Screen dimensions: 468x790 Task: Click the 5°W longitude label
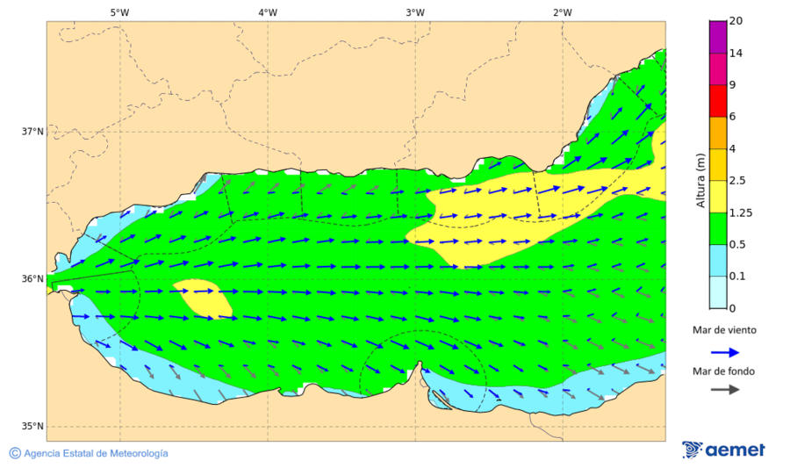[x=119, y=12]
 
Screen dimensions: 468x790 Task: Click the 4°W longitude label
[x=268, y=12]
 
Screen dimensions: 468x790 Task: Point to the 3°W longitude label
[x=415, y=12]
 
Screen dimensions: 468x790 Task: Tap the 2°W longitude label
[x=563, y=12]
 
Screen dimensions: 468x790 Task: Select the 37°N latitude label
[x=32, y=132]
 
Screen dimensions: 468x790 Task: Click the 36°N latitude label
[x=32, y=279]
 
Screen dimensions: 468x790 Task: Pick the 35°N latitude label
[x=32, y=427]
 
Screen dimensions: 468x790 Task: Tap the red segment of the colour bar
[x=718, y=100]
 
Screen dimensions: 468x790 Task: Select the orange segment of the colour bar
[x=718, y=133]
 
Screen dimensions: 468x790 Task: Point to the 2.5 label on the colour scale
[x=737, y=181]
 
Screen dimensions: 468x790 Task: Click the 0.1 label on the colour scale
[x=737, y=276]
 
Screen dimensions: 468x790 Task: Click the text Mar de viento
[x=723, y=330]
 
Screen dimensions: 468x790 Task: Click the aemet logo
[x=723, y=450]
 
